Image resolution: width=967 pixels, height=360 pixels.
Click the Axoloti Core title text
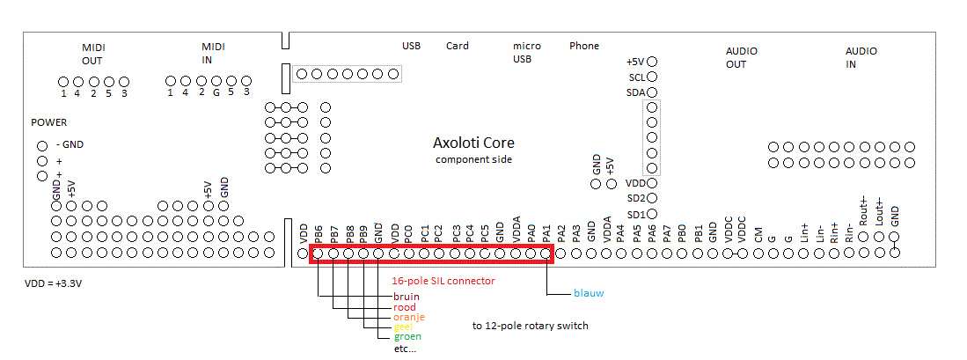pyautogui.click(x=473, y=143)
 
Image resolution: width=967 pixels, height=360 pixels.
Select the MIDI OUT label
pyautogui.click(x=92, y=54)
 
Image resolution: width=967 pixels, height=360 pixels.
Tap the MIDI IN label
pyautogui.click(x=213, y=54)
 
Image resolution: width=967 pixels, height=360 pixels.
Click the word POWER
pyautogui.click(x=48, y=122)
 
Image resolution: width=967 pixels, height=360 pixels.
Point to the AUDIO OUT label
pyautogui.click(x=742, y=58)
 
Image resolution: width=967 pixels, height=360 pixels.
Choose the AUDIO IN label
pyautogui.click(x=861, y=58)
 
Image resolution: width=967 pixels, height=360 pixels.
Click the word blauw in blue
pyautogui.click(x=589, y=293)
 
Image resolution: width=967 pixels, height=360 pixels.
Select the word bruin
pyautogui.click(x=406, y=297)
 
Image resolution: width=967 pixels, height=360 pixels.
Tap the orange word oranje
pyautogui.click(x=408, y=317)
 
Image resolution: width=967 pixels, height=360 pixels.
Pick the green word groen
pyautogui.click(x=407, y=336)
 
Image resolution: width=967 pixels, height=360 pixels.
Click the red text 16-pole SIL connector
pyautogui.click(x=443, y=281)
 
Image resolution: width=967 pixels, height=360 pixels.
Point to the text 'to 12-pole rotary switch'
pyautogui.click(x=530, y=326)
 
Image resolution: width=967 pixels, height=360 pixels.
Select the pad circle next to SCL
pyautogui.click(x=653, y=77)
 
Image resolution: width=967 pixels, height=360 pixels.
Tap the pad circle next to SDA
pyautogui.click(x=653, y=92)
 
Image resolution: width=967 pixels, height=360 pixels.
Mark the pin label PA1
pyautogui.click(x=546, y=234)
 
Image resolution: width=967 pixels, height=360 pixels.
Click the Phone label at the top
pyautogui.click(x=584, y=46)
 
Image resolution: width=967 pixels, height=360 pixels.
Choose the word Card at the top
pyautogui.click(x=458, y=46)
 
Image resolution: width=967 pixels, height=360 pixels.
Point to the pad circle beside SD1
pyautogui.click(x=653, y=214)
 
